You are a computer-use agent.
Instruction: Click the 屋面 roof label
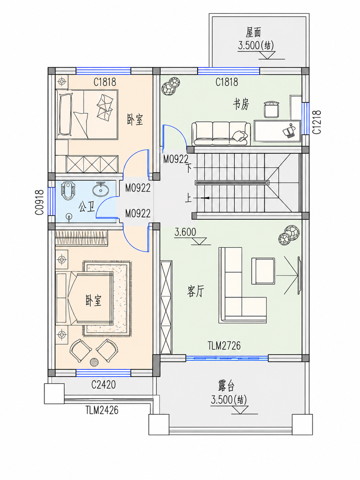[x=253, y=32]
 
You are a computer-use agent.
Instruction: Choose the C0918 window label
[x=39, y=202]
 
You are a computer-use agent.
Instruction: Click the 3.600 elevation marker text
[x=185, y=232]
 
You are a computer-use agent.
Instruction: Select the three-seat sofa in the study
[x=221, y=134]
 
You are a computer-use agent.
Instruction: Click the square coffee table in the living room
[x=263, y=271]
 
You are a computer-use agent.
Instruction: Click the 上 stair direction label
[x=188, y=198]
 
